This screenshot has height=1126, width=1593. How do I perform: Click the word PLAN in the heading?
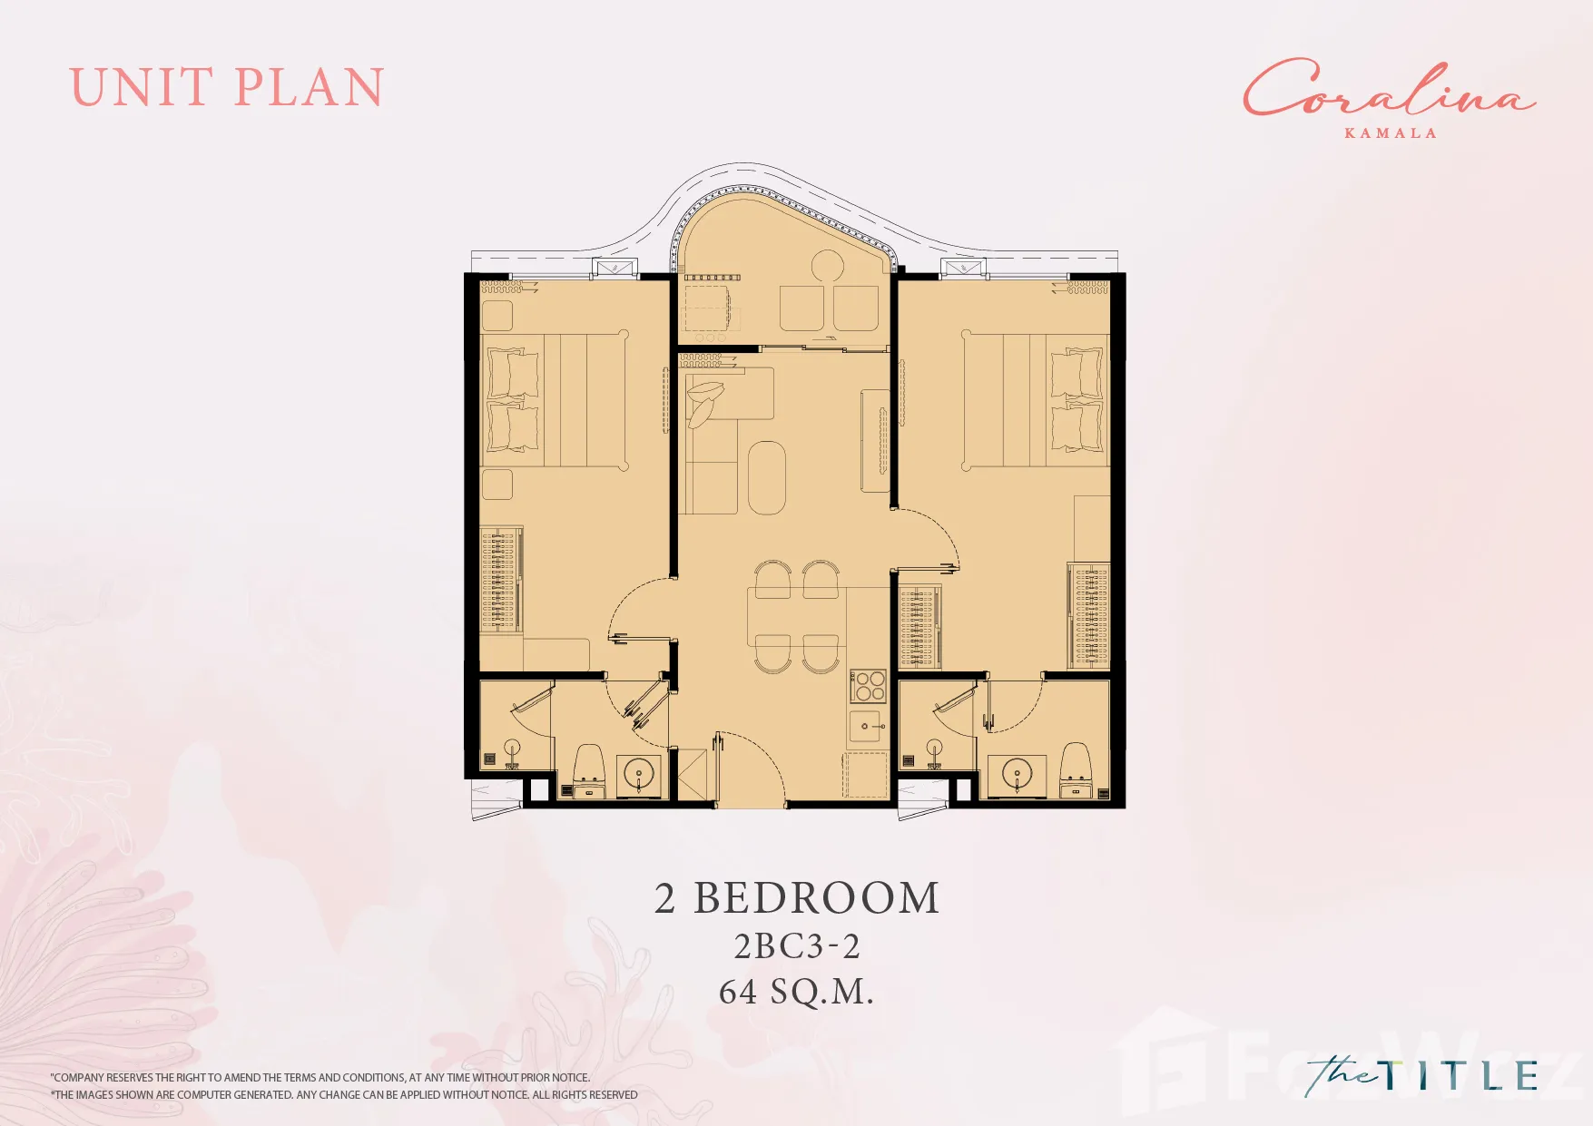(310, 88)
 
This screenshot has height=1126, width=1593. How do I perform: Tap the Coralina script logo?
(1388, 88)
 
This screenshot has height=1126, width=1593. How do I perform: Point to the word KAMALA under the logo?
(1391, 133)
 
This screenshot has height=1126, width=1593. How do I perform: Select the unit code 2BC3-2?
(797, 946)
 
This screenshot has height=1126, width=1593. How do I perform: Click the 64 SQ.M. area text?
(796, 992)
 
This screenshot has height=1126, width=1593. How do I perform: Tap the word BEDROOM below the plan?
(817, 898)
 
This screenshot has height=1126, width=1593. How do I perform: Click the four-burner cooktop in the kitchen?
(868, 686)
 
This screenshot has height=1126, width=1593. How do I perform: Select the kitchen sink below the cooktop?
(866, 727)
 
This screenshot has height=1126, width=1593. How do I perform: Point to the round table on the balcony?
(828, 266)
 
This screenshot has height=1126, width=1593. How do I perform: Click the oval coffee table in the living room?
(767, 478)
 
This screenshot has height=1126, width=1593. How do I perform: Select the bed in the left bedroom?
(554, 400)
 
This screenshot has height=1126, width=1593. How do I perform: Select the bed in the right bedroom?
(1036, 400)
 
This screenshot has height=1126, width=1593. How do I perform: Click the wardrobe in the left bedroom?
(501, 579)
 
